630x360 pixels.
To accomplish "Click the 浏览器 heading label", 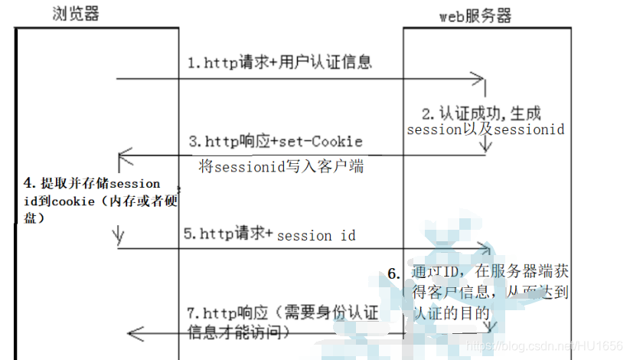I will tap(77, 15).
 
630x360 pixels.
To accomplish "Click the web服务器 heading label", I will tap(475, 16).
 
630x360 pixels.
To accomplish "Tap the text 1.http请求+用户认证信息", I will tap(280, 63).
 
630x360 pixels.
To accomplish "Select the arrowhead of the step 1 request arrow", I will tap(480, 78).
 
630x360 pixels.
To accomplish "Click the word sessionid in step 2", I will tap(529, 129).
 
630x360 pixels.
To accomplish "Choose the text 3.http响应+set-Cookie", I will tap(276, 142).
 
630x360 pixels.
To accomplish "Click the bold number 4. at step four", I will tap(30, 183).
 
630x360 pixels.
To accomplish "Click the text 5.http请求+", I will tap(229, 234).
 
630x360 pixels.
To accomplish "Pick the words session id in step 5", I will tap(316, 236).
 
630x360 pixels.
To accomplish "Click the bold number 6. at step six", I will tap(393, 274).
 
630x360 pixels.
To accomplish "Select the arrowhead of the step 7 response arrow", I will tap(134, 332).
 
